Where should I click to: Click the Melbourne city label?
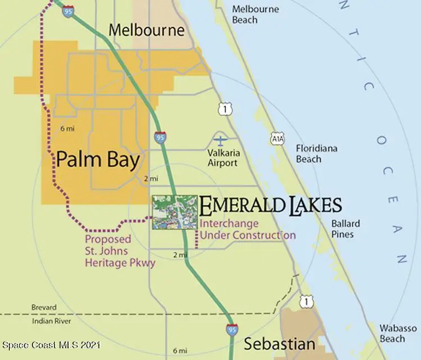147,30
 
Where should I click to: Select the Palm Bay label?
98,160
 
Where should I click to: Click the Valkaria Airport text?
222,158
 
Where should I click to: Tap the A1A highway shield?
276,137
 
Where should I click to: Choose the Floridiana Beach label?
317,154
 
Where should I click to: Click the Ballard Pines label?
345,228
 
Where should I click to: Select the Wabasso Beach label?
399,333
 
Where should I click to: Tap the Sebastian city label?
279,344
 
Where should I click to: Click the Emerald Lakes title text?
270,205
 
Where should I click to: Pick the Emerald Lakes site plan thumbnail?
175,212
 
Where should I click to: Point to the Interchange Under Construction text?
248,229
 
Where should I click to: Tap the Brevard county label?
44,308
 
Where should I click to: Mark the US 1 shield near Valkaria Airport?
225,109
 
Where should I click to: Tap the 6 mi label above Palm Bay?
67,129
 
